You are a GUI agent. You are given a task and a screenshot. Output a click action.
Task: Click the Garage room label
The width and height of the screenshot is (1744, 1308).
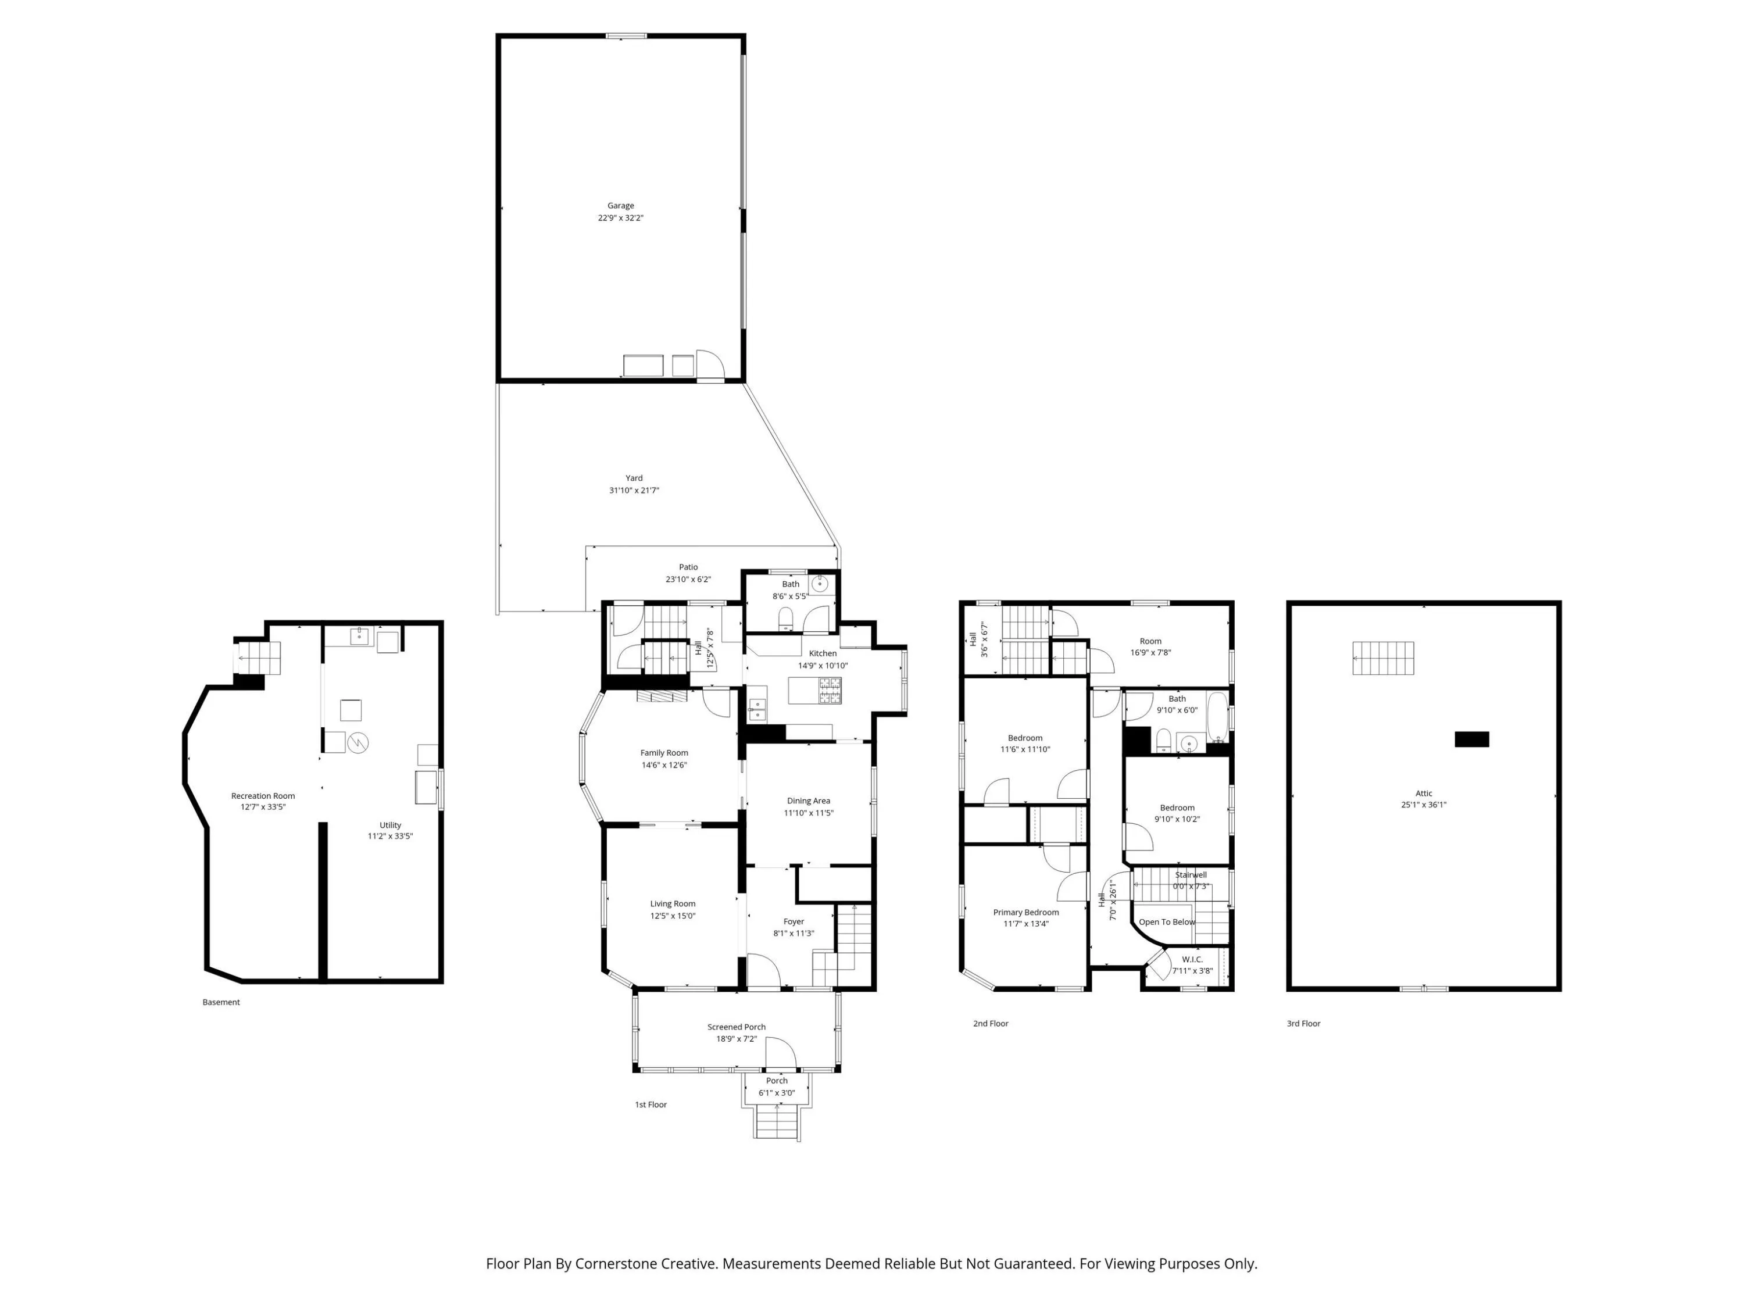620,206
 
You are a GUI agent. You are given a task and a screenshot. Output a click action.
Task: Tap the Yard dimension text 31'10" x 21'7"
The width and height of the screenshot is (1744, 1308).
634,491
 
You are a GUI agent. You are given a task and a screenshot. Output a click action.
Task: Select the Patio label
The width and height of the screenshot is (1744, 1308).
688,567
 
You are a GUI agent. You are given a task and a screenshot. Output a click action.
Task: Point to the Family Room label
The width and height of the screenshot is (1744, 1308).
664,753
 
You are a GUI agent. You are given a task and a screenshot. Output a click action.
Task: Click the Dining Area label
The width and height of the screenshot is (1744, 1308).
808,801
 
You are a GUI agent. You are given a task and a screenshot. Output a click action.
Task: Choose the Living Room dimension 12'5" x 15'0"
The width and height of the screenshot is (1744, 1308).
673,916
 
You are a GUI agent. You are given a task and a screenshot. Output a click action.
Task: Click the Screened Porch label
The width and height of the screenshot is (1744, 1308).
737,1027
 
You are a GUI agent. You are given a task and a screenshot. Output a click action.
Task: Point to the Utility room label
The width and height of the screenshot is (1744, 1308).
390,825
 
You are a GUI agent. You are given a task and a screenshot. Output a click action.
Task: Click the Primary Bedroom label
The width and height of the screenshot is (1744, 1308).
1025,912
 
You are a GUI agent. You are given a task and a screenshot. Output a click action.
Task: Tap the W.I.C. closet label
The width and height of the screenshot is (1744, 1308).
1192,960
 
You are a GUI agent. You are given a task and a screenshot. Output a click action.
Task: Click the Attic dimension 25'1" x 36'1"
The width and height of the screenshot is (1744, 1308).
1424,805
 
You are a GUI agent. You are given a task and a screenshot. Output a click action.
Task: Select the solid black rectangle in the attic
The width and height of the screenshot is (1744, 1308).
1472,739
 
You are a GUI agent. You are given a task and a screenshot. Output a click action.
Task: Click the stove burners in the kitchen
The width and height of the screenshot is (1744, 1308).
830,691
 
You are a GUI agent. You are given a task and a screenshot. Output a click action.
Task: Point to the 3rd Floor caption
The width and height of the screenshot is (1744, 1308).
1303,1023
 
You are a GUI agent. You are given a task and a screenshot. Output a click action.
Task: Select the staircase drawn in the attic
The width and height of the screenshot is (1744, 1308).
1384,658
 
